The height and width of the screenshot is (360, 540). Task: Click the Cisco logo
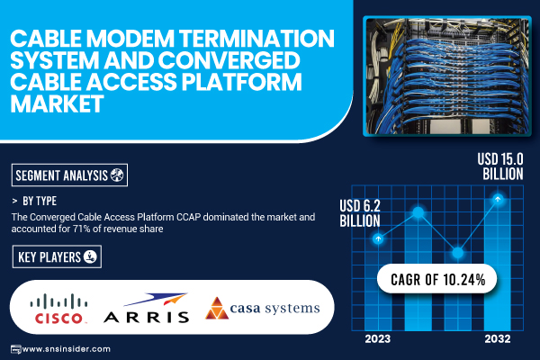[58, 309]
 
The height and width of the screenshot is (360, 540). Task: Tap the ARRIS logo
[147, 308]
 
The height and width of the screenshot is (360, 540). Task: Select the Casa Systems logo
[263, 308]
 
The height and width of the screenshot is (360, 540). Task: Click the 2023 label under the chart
[378, 339]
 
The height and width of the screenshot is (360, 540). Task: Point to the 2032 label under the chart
[498, 339]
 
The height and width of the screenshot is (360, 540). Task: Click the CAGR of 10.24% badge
[437, 279]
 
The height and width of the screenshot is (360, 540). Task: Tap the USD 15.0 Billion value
[500, 166]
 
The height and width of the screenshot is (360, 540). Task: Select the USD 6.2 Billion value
[360, 213]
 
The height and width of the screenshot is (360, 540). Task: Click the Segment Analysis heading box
[69, 175]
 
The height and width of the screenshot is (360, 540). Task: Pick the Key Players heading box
[57, 256]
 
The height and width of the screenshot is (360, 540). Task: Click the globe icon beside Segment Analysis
[117, 175]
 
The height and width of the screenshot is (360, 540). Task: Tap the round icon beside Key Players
[90, 256]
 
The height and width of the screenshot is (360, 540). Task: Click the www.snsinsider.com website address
[66, 349]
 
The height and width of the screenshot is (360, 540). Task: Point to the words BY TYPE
[40, 201]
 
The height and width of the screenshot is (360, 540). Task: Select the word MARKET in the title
[58, 103]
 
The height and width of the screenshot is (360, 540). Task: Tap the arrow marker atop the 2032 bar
[498, 199]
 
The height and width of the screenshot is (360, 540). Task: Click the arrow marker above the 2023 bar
[378, 238]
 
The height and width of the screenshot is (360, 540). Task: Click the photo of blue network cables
[447, 76]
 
